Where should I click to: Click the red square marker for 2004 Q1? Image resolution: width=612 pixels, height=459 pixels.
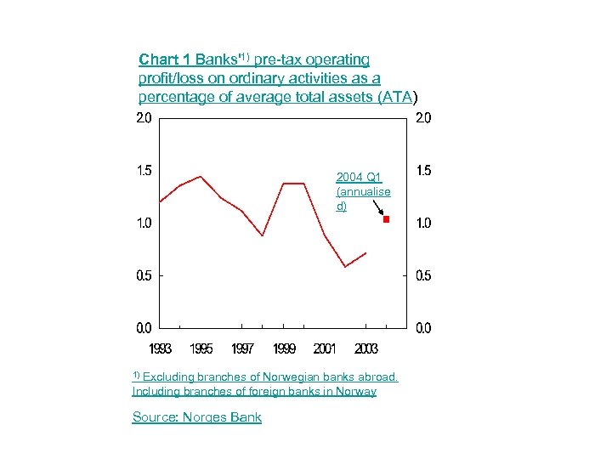(x=386, y=219)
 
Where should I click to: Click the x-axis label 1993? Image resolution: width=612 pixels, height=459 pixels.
(x=160, y=348)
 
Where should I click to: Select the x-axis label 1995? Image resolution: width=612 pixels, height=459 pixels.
(x=201, y=348)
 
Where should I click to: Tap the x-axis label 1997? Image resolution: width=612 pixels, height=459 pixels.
(x=242, y=348)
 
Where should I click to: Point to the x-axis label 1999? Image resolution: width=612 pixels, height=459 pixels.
(x=284, y=348)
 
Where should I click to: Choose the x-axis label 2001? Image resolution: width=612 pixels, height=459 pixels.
(x=325, y=348)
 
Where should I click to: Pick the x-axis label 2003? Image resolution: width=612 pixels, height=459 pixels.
(x=365, y=348)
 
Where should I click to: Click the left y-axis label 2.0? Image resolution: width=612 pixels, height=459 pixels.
(x=144, y=118)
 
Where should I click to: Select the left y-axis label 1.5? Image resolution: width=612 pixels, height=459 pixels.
(x=144, y=170)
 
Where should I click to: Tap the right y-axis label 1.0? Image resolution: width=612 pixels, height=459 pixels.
(x=423, y=223)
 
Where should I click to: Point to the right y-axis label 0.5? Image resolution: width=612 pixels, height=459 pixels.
(x=423, y=275)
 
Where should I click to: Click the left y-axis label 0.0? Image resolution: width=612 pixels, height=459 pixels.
(x=144, y=327)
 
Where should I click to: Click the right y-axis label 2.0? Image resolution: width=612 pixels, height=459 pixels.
(x=423, y=118)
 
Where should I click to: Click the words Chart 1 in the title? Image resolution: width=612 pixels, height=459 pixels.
(x=165, y=59)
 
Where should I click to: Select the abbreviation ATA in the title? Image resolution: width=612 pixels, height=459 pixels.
(x=397, y=97)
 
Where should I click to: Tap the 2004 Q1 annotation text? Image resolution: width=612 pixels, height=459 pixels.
(x=363, y=191)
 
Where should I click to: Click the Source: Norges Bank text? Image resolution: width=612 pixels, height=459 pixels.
(x=197, y=416)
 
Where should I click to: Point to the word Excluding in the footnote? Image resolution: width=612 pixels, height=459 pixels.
(x=170, y=377)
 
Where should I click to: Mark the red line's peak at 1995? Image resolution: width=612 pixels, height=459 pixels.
(x=201, y=177)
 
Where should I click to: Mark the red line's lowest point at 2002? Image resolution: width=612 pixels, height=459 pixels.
(x=345, y=267)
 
